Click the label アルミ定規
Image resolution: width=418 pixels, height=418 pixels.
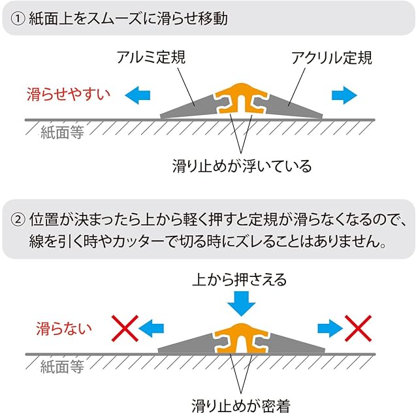click(152, 57)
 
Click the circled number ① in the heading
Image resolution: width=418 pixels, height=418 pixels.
click(17, 19)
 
